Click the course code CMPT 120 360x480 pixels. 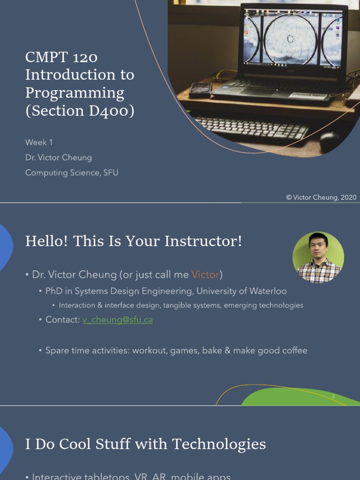pos(61,57)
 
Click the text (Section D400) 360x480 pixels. pos(80,111)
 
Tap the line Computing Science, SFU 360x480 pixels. pos(72,172)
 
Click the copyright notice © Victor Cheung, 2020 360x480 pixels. pos(321,197)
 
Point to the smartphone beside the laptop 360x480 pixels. pos(201,89)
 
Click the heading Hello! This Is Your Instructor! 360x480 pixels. pos(134,241)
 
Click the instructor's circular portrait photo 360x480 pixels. pos(318,257)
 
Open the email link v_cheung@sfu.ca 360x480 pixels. pos(118,320)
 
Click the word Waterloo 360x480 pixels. pos(267,291)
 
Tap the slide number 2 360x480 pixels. pos(333,397)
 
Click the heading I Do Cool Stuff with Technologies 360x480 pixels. pos(145,444)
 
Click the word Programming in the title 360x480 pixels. pos(75,93)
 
